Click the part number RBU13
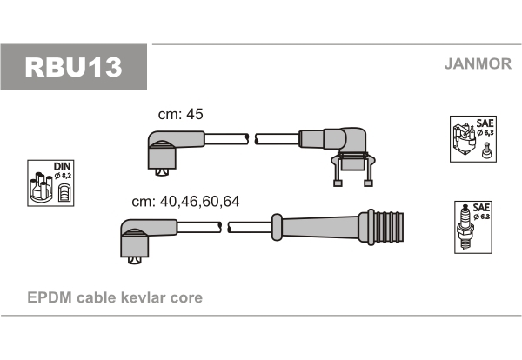click(74, 67)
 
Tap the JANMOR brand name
click(478, 63)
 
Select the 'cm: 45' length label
click(180, 114)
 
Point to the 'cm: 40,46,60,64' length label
click(185, 201)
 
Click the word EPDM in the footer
click(50, 297)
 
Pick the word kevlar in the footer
click(143, 297)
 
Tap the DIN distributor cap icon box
click(50, 183)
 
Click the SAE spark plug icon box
click(473, 227)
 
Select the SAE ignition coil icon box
click(473, 139)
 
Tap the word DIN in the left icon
click(62, 166)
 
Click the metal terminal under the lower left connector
click(135, 261)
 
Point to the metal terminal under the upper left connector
click(162, 172)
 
